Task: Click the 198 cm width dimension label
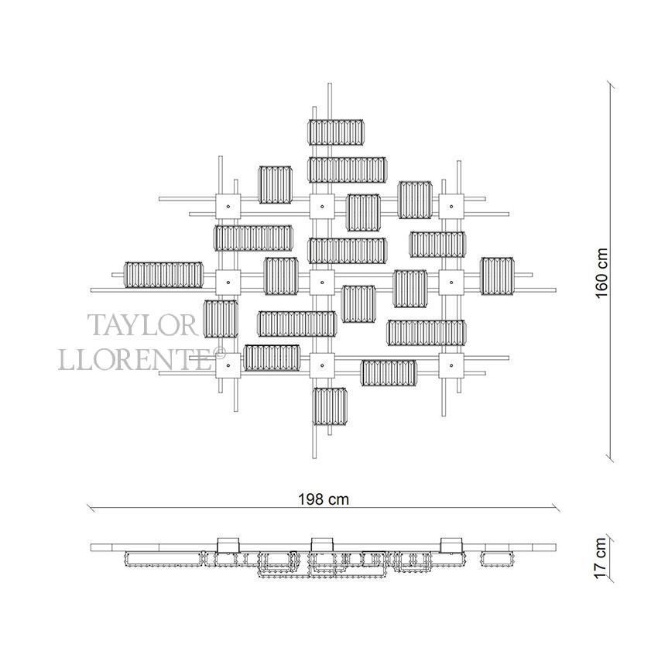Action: pyautogui.click(x=324, y=499)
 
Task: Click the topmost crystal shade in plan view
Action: pyautogui.click(x=337, y=132)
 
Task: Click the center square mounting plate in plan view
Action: pyautogui.click(x=321, y=282)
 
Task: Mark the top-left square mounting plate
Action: pyautogui.click(x=229, y=207)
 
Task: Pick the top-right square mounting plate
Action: pyautogui.click(x=451, y=207)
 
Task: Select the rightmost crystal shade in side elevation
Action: pyautogui.click(x=497, y=557)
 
